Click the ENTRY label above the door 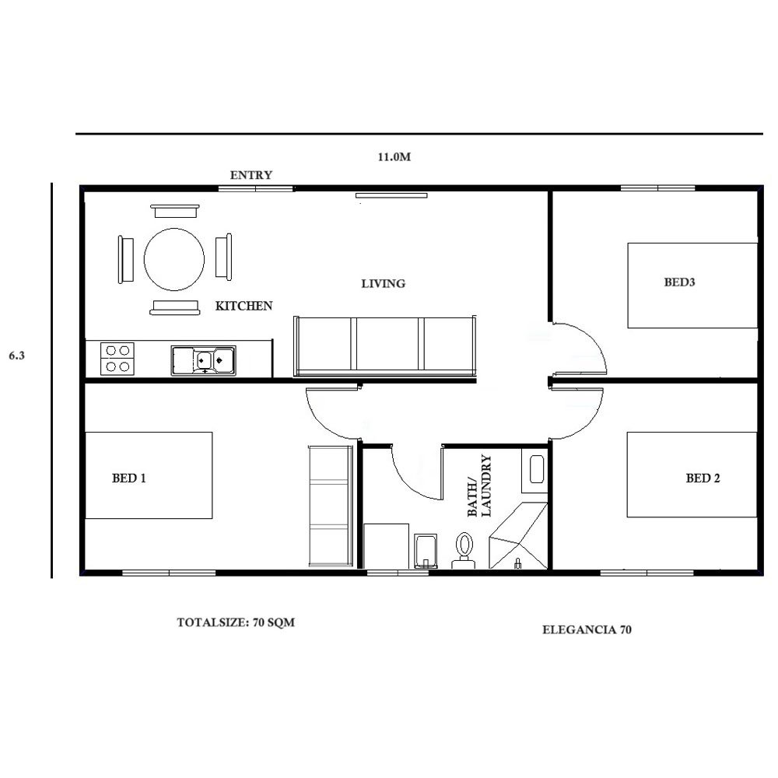click(251, 175)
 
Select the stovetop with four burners click(117, 359)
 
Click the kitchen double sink click(203, 360)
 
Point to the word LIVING click(383, 284)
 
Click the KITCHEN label click(244, 306)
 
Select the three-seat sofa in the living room click(384, 345)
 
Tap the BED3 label click(679, 282)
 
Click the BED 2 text click(703, 478)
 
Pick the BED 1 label click(129, 478)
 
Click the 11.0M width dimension click(394, 157)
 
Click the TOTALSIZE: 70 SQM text click(236, 622)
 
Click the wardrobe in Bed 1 click(331, 506)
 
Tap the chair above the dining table click(174, 211)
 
